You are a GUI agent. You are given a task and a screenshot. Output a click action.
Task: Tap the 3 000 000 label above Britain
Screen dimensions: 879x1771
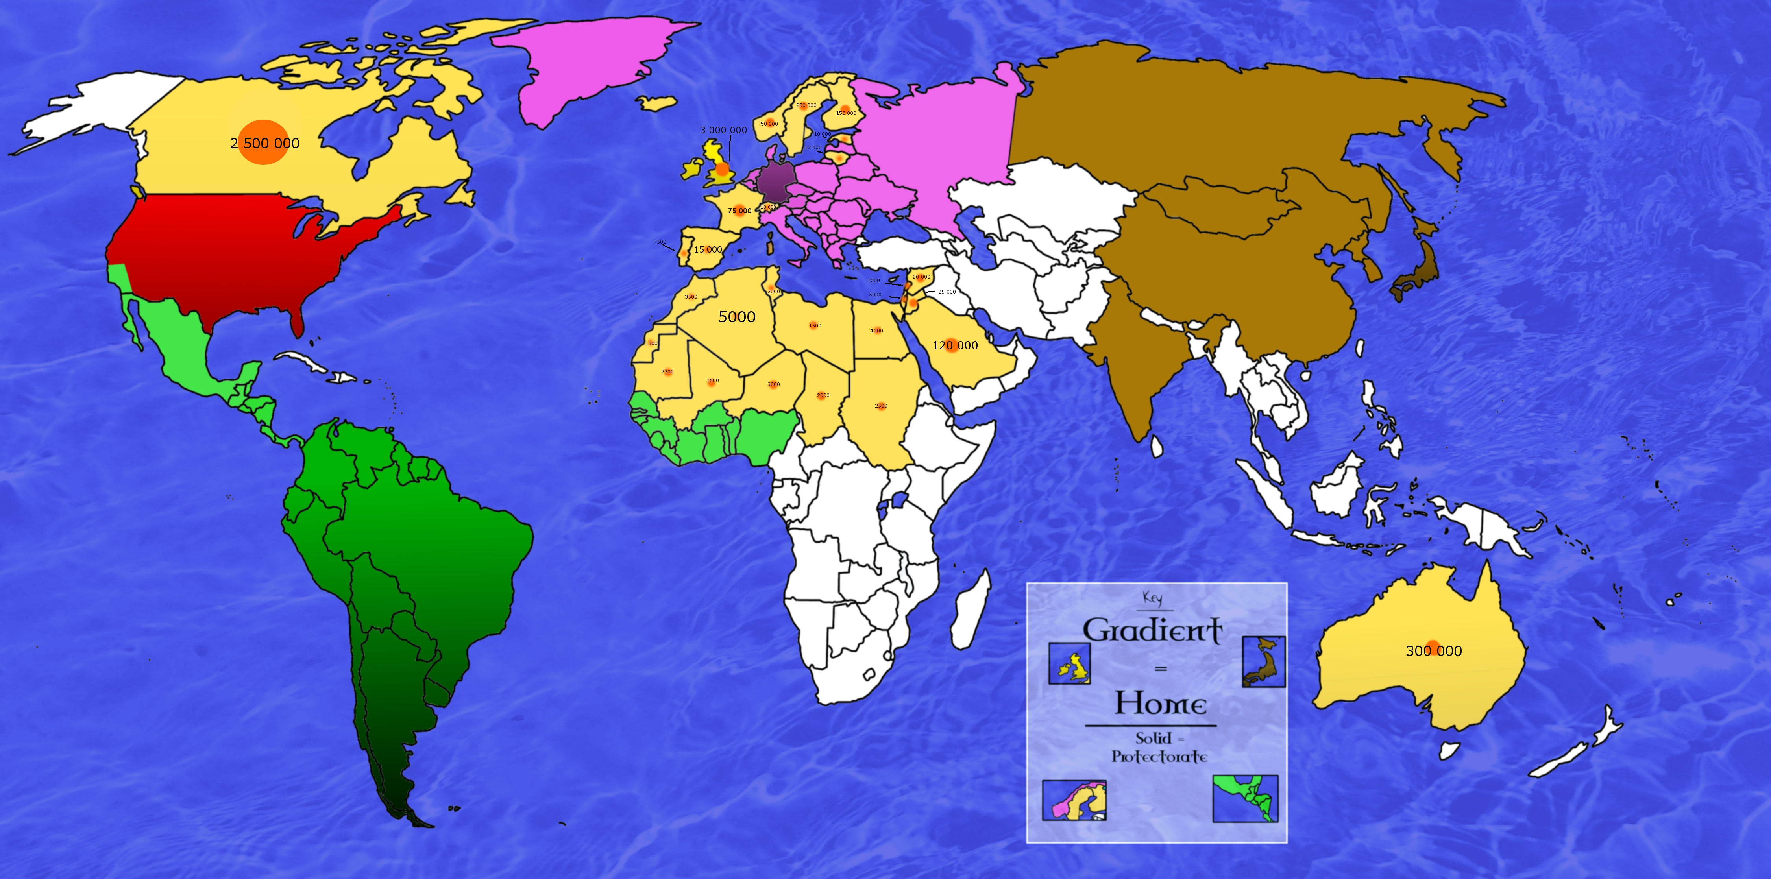(723, 130)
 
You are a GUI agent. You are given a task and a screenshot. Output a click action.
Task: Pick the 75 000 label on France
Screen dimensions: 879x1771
(740, 211)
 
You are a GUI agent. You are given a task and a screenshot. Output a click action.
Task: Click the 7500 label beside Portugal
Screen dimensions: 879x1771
(660, 242)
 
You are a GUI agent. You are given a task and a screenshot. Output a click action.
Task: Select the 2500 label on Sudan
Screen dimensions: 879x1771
(881, 406)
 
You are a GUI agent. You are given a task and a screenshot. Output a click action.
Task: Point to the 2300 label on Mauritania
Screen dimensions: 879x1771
(667, 372)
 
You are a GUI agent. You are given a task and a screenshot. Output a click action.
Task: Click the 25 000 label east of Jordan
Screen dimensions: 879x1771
(947, 292)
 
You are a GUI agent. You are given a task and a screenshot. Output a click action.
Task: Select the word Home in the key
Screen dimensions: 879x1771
(1161, 704)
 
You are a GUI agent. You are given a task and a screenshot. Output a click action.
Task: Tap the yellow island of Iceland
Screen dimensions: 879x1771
(656, 103)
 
